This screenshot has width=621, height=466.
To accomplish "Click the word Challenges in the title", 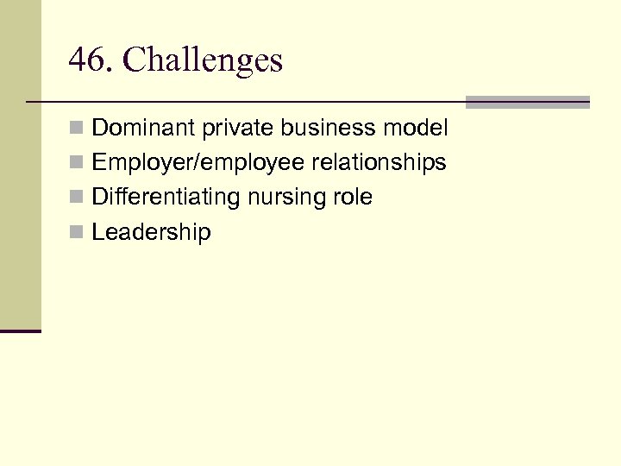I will pyautogui.click(x=203, y=60).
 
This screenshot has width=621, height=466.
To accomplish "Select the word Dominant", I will pyautogui.click(x=144, y=129).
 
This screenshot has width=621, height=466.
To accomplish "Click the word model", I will pyautogui.click(x=417, y=129).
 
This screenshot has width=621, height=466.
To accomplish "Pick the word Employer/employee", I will pyautogui.click(x=186, y=162).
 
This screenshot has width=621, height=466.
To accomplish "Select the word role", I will pyautogui.click(x=354, y=198).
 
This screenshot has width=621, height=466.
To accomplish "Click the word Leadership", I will pyautogui.click(x=151, y=232).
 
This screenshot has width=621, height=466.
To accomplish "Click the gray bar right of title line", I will pyautogui.click(x=527, y=102).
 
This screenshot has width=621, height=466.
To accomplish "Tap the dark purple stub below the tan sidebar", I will pyautogui.click(x=20, y=331).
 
